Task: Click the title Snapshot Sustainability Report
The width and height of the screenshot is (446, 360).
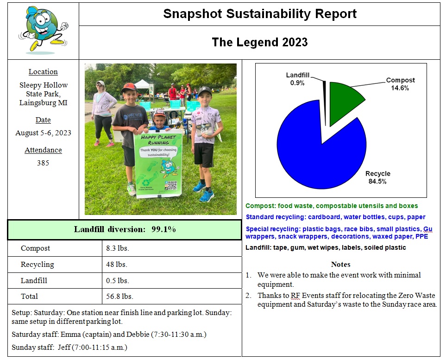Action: point(260,14)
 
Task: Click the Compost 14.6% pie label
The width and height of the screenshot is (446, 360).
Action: point(401,84)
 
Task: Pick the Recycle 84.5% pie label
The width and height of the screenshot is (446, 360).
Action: point(377,177)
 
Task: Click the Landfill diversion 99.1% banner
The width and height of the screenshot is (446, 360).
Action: point(125,230)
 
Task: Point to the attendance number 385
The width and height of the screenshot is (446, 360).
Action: point(43,163)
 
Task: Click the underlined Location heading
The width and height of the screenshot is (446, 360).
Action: point(43,72)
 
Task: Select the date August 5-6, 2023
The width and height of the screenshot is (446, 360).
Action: point(43,133)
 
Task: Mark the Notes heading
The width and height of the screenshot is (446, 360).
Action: point(340,265)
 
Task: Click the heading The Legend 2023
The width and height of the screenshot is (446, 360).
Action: point(260,42)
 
